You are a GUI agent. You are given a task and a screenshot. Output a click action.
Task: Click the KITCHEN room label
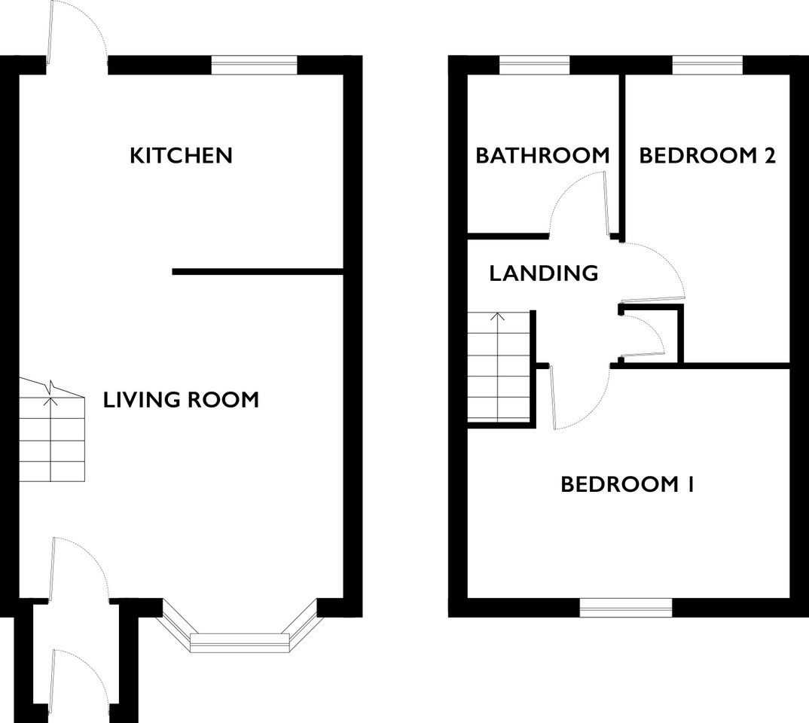coord(181,155)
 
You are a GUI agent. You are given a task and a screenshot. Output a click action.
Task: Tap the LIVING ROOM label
coord(181,400)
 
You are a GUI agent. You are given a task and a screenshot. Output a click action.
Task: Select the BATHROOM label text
coord(542,155)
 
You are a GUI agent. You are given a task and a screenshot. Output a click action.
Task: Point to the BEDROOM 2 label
coord(707,155)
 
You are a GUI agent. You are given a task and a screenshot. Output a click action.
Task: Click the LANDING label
coord(544,273)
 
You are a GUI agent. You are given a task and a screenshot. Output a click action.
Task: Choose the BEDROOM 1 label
coord(627,484)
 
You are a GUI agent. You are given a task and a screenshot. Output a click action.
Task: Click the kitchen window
coord(255,66)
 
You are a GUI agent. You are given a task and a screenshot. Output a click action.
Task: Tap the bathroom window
coord(535,66)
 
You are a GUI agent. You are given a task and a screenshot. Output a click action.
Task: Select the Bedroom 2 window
coord(707,66)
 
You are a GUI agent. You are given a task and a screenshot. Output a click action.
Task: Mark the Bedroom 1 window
coord(626,608)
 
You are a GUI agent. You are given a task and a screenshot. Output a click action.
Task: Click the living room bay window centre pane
coord(240,642)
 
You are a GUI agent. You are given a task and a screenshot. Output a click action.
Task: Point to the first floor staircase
coord(499,367)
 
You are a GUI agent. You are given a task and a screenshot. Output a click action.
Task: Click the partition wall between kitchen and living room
coord(258,272)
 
